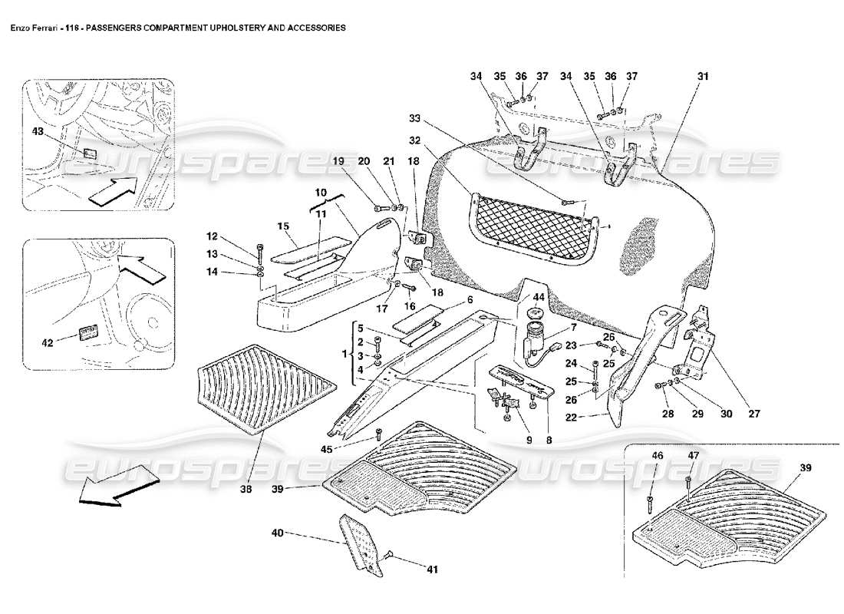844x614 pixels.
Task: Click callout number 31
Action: [703, 77]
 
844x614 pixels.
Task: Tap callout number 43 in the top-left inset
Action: [37, 133]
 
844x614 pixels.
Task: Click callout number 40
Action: [277, 532]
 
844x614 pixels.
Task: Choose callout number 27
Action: [753, 414]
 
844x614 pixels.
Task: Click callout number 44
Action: [538, 297]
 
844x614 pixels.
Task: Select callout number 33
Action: [414, 119]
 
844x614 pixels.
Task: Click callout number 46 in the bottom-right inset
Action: [658, 456]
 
